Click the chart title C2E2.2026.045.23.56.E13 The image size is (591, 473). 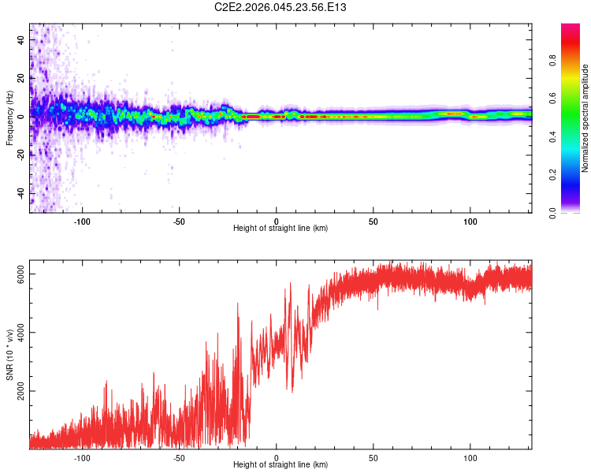(281, 7)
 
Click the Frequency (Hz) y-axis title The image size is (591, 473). (9, 118)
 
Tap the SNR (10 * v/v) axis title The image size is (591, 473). (9, 355)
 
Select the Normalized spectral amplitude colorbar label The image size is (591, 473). (585, 118)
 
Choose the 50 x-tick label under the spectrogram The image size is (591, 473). (374, 221)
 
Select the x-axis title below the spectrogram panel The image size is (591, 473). (281, 229)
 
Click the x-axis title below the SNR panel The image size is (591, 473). (281, 465)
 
